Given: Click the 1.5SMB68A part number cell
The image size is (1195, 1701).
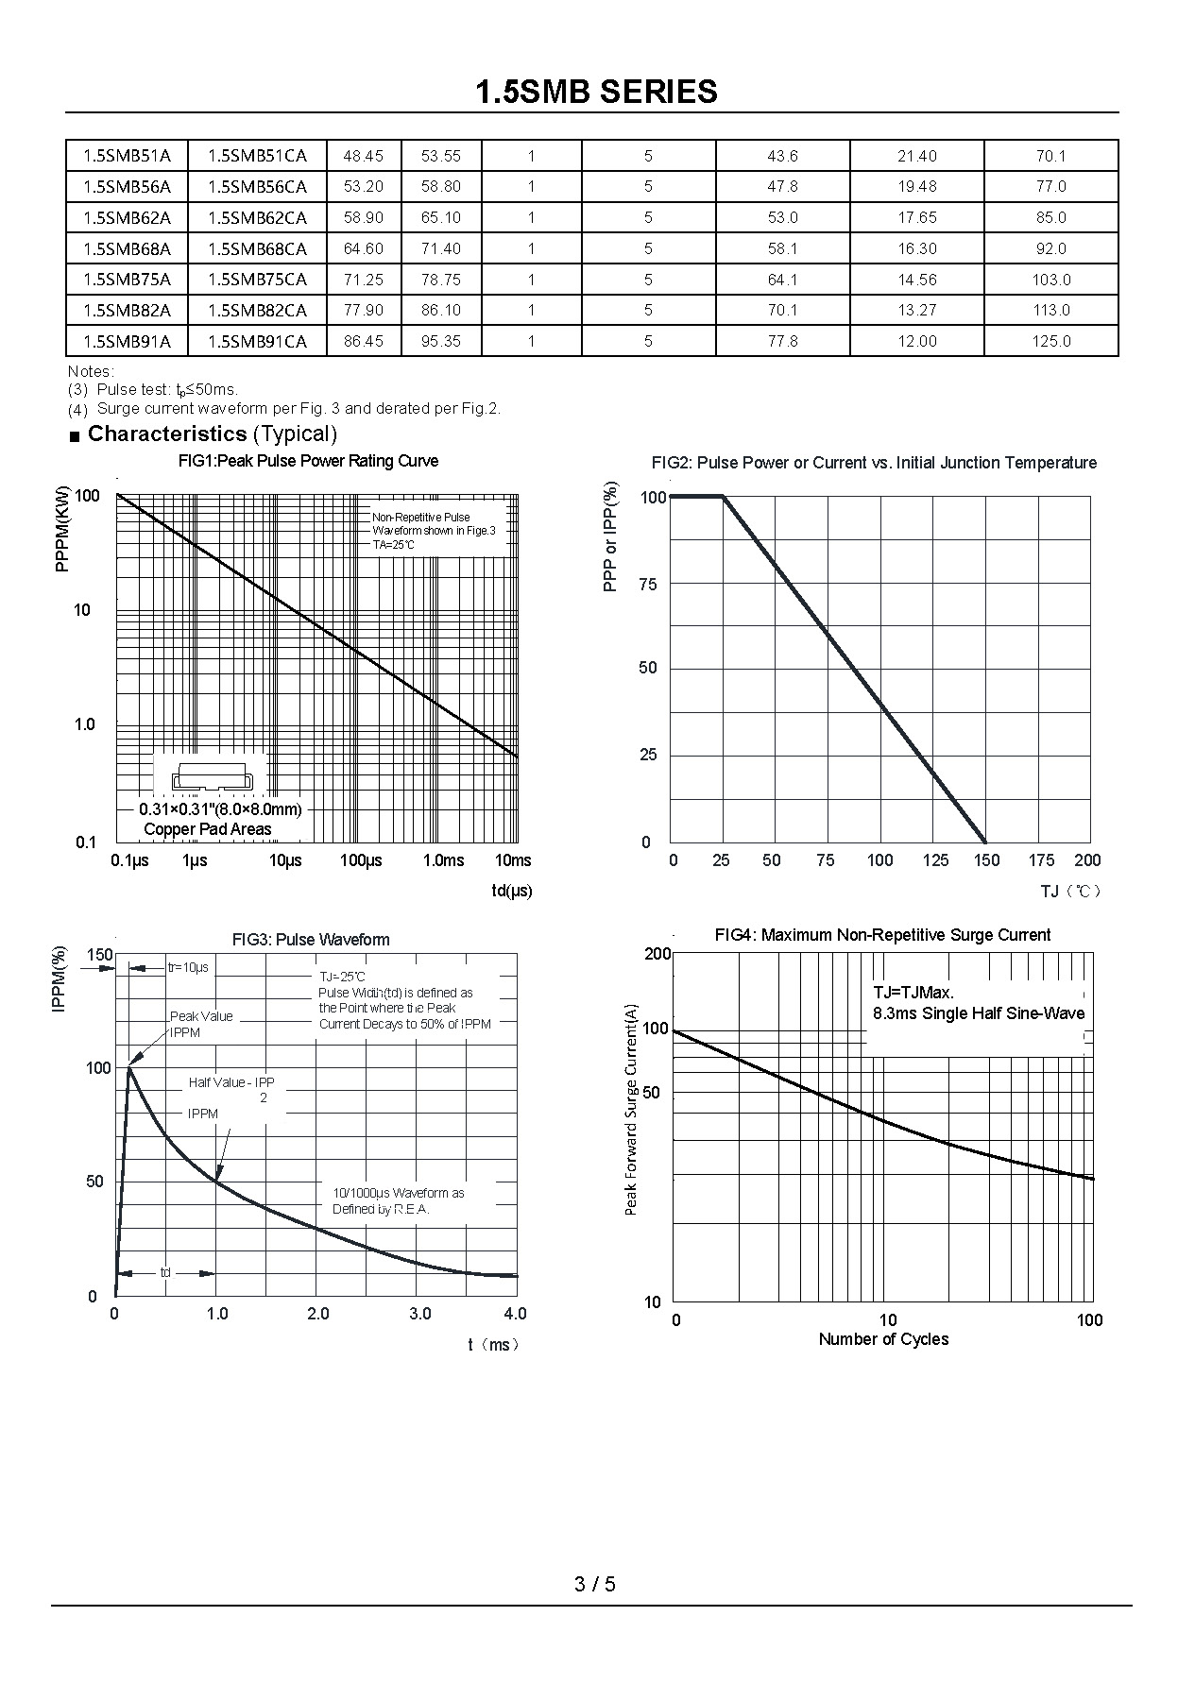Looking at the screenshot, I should coord(128,248).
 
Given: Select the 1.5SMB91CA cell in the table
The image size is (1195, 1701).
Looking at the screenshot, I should coord(257,341).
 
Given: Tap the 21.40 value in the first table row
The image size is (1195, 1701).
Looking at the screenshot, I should coord(916,156).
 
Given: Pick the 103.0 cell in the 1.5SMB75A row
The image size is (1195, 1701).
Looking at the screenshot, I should coord(1050,280).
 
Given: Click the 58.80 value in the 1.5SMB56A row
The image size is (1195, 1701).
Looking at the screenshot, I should coord(441,187).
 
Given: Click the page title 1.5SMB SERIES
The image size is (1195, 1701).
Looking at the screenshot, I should coord(596,92).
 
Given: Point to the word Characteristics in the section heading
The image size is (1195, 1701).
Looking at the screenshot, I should coord(167,434).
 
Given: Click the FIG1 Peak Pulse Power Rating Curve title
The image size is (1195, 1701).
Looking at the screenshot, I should coord(308,461).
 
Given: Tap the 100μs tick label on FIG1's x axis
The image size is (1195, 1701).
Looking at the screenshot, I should coord(361,860).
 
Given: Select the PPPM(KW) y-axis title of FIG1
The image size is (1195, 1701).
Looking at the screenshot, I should coord(62,529).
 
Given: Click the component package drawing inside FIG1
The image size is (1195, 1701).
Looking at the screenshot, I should coord(213,777).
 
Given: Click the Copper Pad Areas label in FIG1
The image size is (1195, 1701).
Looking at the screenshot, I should coord(208,829).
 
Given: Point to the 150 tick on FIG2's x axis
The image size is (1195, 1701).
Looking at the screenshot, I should coord(987,860).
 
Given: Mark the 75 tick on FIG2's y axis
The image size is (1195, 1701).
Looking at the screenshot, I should coord(648,585).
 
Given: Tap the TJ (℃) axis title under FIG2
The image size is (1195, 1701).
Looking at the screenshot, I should coord(1071,892).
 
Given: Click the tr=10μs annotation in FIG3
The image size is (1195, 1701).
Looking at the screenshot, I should coord(188,967).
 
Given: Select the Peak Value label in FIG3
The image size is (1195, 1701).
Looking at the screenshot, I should coord(201,1016).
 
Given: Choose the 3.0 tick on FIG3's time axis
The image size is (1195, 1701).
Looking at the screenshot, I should coord(419,1314).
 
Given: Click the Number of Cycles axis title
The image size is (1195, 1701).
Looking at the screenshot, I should coord(883,1339).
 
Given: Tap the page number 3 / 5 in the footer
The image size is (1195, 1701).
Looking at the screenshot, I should coord(595,1584).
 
